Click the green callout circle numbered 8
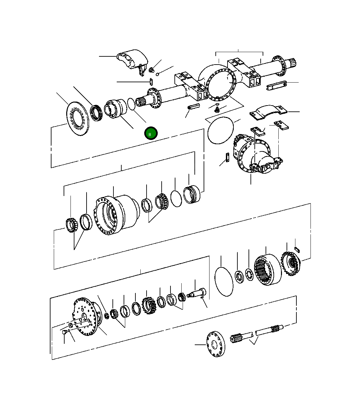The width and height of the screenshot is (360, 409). (x=151, y=134)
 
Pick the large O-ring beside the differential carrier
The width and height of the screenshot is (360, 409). (x=221, y=130)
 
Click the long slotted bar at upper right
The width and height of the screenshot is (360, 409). (x=277, y=86)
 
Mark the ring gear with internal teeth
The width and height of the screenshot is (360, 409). (x=267, y=270)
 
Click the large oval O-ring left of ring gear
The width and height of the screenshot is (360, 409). (x=224, y=282)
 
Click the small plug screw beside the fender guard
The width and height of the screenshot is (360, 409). (x=151, y=70)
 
